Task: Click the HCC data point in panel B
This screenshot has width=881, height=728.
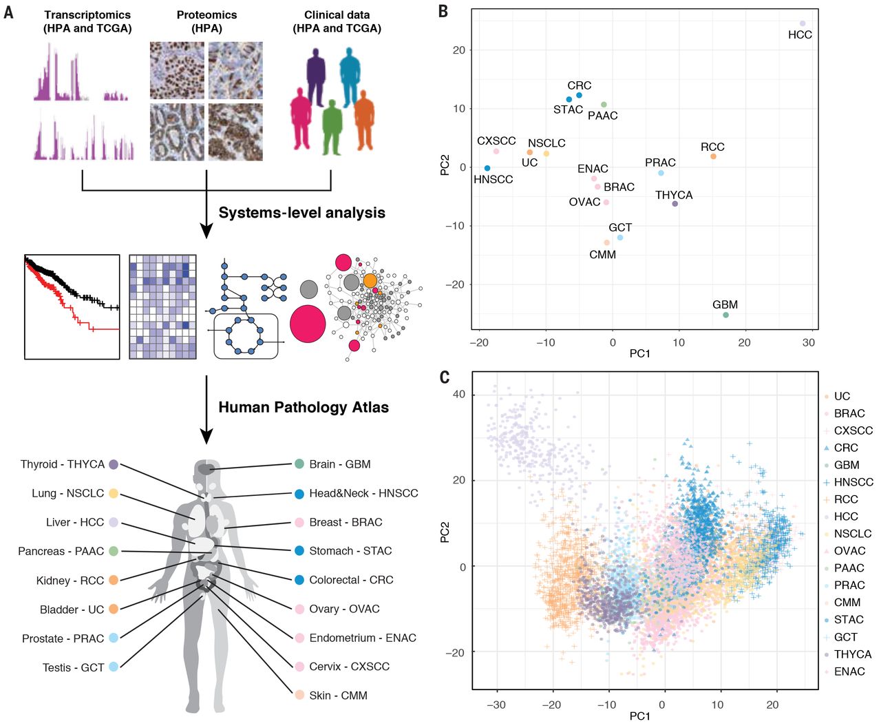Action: (803, 23)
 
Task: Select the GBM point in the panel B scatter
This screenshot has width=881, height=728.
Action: (725, 315)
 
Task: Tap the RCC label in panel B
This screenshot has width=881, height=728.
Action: (712, 147)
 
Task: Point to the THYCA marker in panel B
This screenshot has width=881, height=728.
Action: (675, 204)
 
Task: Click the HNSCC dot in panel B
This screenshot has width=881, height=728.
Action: (487, 168)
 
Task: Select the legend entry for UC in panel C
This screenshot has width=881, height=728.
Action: (841, 396)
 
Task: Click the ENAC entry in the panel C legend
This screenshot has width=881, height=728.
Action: (849, 672)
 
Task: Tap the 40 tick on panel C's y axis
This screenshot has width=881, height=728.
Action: (458, 394)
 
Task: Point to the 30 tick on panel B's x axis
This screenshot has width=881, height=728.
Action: (809, 342)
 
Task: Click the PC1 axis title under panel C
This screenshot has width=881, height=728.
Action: (639, 716)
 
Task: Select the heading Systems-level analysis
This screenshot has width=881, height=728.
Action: (301, 213)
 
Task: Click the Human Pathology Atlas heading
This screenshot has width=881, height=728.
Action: (304, 407)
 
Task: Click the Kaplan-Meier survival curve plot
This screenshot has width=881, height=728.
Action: (72, 306)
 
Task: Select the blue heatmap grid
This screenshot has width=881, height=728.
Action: (162, 306)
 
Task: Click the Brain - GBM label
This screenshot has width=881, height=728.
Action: (340, 464)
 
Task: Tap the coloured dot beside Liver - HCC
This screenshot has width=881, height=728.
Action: (114, 522)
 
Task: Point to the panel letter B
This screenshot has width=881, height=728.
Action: (443, 11)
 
